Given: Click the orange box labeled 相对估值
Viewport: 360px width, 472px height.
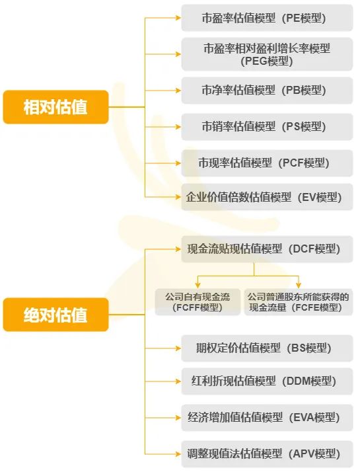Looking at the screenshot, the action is click(x=55, y=107).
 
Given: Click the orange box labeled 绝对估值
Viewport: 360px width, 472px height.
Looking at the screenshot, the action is click(x=55, y=315).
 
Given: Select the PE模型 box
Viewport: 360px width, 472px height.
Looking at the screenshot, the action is click(x=267, y=18).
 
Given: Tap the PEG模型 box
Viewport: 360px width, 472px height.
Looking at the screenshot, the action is click(x=267, y=54).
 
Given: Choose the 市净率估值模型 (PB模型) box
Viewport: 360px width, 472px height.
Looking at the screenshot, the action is click(x=267, y=91).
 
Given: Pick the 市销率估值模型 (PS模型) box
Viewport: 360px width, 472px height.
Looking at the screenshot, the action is click(x=267, y=127).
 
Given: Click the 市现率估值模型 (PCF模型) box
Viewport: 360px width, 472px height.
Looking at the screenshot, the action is click(x=267, y=163).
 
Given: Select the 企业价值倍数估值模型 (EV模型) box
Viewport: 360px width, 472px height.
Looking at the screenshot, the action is click(x=267, y=197).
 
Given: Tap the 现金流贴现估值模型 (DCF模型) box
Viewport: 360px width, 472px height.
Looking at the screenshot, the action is click(x=267, y=249).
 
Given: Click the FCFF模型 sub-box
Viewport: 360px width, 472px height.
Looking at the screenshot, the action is click(x=198, y=302).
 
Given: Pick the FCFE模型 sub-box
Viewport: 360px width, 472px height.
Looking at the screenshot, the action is click(x=299, y=302).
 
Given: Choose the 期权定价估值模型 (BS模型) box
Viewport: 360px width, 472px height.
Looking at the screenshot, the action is click(x=267, y=348).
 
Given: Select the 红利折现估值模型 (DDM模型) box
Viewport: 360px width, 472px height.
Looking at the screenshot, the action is click(x=267, y=381).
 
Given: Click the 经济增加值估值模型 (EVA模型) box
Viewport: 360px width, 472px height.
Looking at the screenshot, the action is click(x=267, y=418).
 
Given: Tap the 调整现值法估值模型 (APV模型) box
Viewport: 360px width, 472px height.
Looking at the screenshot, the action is click(x=267, y=454).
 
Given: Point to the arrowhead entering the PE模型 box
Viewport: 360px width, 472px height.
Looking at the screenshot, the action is click(x=178, y=18).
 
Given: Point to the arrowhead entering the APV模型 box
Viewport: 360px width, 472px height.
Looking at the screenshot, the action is click(x=178, y=454).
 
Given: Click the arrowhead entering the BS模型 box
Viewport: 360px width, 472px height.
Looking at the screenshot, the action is click(x=178, y=348).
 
